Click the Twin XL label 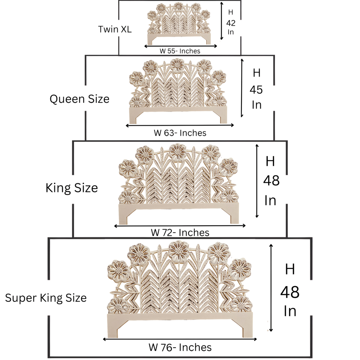[115, 29]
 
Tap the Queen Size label [79, 99]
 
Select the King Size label [72, 187]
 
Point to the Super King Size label [46, 298]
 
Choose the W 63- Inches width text [180, 133]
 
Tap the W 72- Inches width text [180, 232]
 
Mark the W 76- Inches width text [180, 347]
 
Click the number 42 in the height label [231, 22]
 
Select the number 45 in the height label [256, 90]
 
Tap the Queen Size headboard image [179, 90]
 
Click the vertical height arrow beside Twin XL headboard [222, 21]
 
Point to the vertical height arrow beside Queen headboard [242, 87]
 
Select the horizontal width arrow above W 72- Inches [180, 226]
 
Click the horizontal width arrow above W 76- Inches [180, 339]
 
